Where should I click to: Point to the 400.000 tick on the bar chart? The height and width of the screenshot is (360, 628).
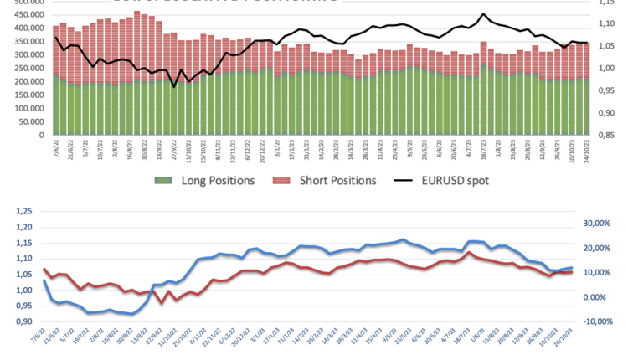point(25,28)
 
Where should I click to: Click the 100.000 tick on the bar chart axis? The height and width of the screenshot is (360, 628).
point(25,108)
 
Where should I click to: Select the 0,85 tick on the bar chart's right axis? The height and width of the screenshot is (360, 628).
point(609,134)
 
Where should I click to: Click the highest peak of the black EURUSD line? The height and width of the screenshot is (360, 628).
point(484,14)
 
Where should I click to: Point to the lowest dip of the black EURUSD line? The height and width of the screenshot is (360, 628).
point(174,86)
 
